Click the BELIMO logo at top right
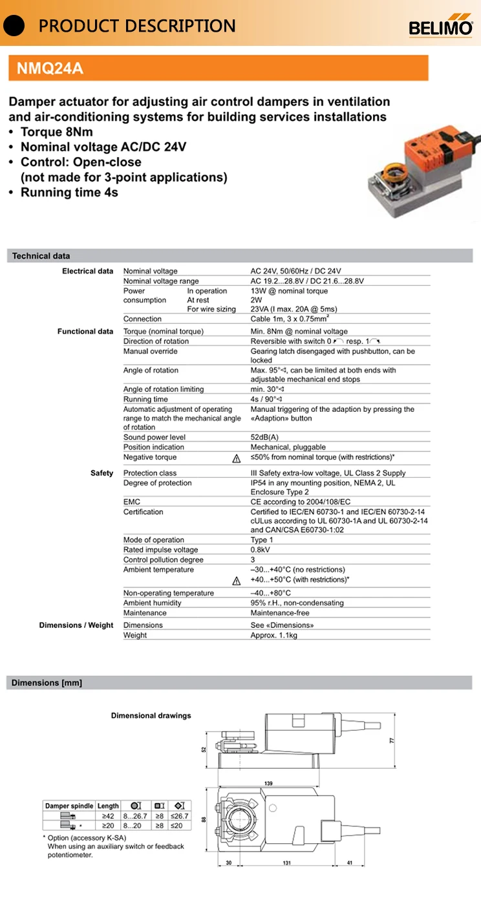click(x=441, y=27)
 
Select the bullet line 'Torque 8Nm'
click(x=57, y=132)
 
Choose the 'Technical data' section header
click(x=41, y=256)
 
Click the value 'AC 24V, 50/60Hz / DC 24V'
click(x=295, y=271)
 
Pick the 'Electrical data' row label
click(x=87, y=271)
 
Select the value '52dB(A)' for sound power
click(x=264, y=437)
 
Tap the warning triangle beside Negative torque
click(x=237, y=458)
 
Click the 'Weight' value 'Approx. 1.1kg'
click(x=274, y=635)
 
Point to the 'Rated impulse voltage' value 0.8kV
click(x=261, y=550)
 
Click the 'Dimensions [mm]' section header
click(x=47, y=683)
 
